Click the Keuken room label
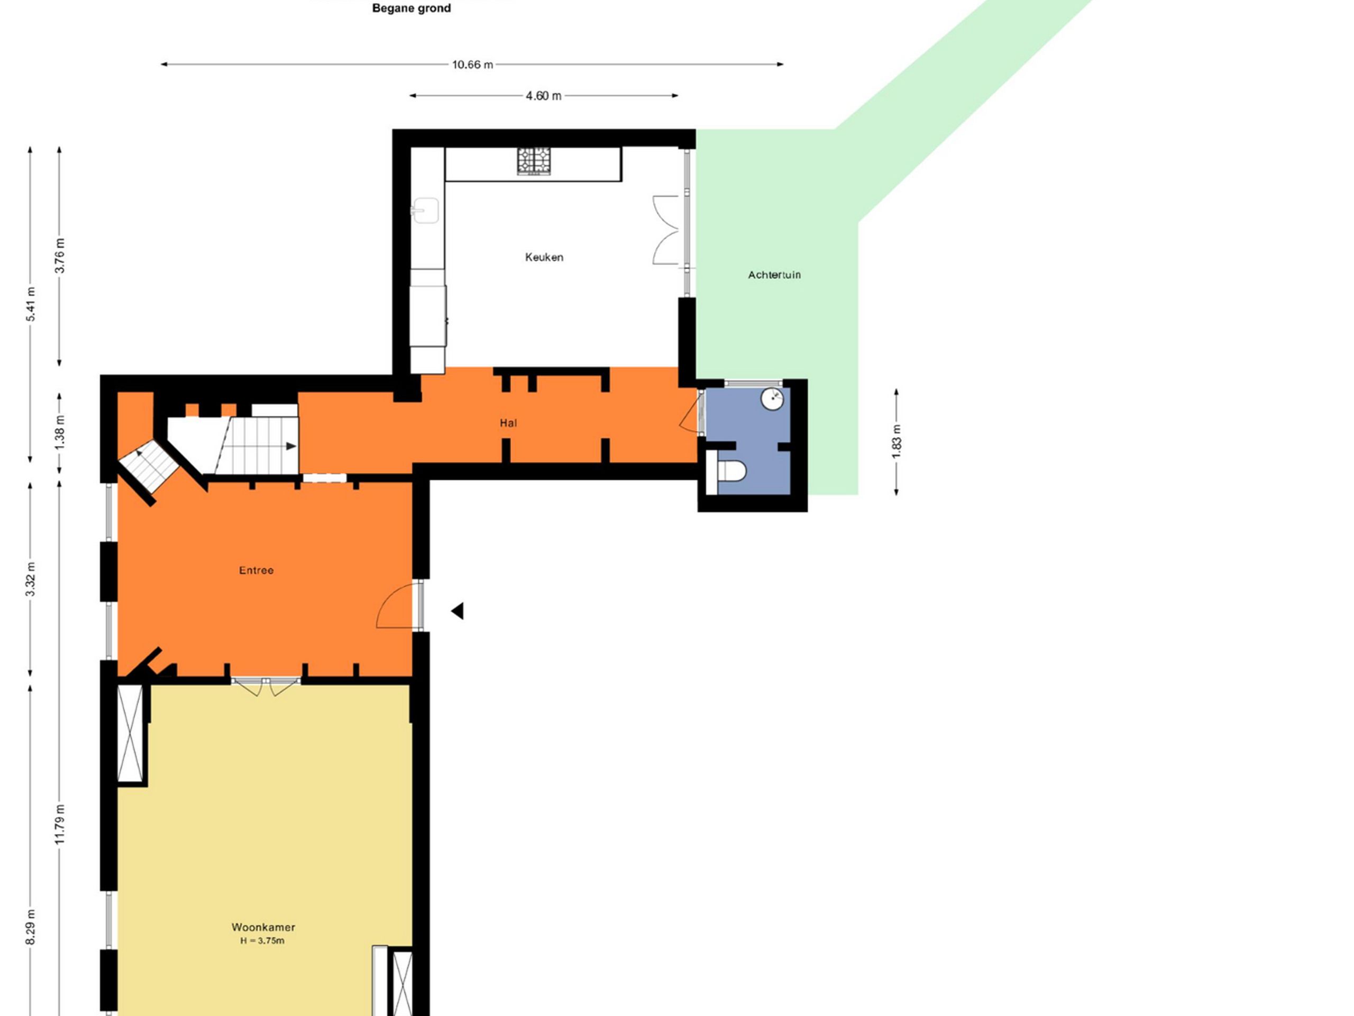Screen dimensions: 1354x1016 tap(544, 257)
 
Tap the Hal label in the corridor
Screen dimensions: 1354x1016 tap(508, 423)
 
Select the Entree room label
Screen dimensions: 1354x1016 tap(257, 570)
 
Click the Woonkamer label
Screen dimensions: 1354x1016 tap(263, 927)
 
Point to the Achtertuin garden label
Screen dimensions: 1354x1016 tap(774, 275)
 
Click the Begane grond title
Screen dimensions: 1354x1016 tap(411, 8)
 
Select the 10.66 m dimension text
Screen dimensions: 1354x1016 tap(472, 65)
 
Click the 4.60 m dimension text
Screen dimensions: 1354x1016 tap(544, 96)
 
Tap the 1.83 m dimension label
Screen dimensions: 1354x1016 tap(896, 441)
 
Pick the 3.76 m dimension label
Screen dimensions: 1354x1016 tap(59, 256)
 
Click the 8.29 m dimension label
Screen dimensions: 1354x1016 tap(31, 927)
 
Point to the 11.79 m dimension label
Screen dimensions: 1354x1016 tap(59, 824)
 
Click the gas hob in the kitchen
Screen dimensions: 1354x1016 tap(534, 161)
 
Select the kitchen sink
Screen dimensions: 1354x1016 tap(425, 210)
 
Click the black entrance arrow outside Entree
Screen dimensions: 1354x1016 tap(458, 611)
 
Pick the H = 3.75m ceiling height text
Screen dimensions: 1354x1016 tap(262, 941)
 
